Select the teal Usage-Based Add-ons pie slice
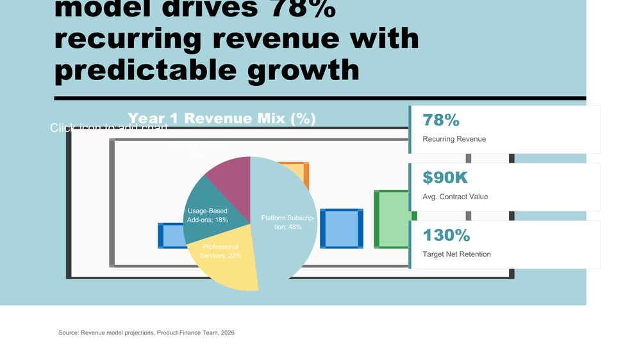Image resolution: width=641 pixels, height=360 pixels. tap(206, 215)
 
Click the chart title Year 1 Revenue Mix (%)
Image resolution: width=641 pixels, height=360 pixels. tap(221, 119)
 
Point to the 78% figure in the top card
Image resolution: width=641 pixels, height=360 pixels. tap(441, 120)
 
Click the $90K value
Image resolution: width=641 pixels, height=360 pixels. tap(446, 178)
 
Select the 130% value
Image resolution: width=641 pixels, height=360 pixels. tap(446, 235)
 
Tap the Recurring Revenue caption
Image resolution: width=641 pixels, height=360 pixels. tap(454, 139)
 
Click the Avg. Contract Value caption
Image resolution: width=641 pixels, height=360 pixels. tap(455, 197)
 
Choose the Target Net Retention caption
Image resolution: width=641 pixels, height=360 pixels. tap(456, 254)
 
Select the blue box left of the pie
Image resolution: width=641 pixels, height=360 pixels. tap(169, 235)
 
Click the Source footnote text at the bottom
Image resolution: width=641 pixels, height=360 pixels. tap(146, 332)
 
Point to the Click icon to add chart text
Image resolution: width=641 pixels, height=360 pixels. tap(109, 128)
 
